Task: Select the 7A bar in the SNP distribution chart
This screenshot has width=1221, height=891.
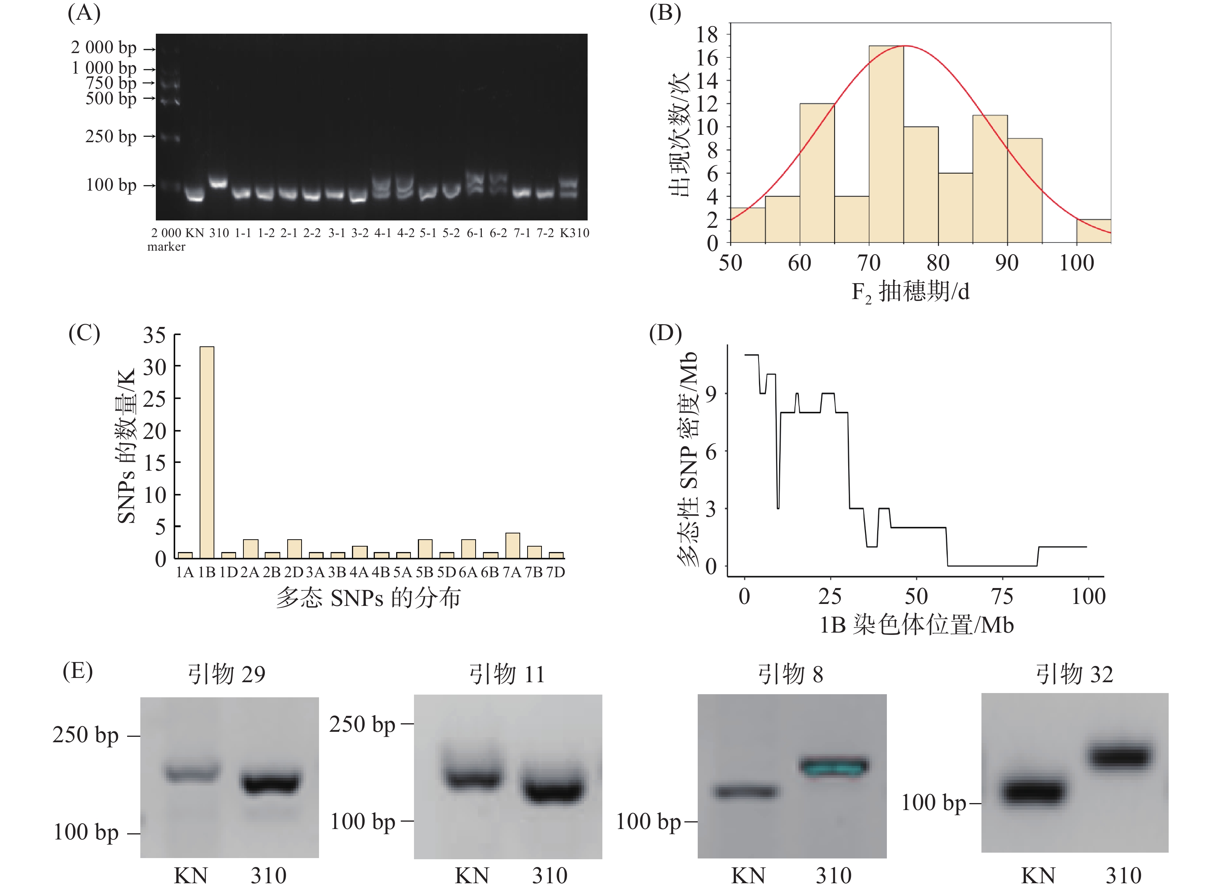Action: pos(512,545)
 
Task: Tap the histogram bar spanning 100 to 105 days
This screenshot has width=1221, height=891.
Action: pos(1093,231)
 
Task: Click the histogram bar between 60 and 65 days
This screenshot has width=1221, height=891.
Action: pos(817,173)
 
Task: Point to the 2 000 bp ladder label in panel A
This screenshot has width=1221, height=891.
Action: pos(103,48)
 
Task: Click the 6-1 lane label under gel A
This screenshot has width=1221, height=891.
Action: pos(475,233)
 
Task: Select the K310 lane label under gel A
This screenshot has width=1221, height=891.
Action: pos(574,233)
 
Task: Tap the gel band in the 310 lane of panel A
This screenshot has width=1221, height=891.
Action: pos(218,183)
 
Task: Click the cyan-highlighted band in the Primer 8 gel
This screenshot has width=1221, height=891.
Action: pos(834,766)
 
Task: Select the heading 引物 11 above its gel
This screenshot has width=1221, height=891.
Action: pos(507,674)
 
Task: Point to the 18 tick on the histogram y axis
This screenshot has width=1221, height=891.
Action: pos(707,34)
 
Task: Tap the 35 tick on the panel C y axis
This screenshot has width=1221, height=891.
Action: pos(154,335)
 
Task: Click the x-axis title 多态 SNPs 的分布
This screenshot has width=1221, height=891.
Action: pos(369,598)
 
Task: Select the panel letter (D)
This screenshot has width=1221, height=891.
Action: pos(665,333)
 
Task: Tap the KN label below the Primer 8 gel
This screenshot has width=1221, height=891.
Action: pos(748,875)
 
